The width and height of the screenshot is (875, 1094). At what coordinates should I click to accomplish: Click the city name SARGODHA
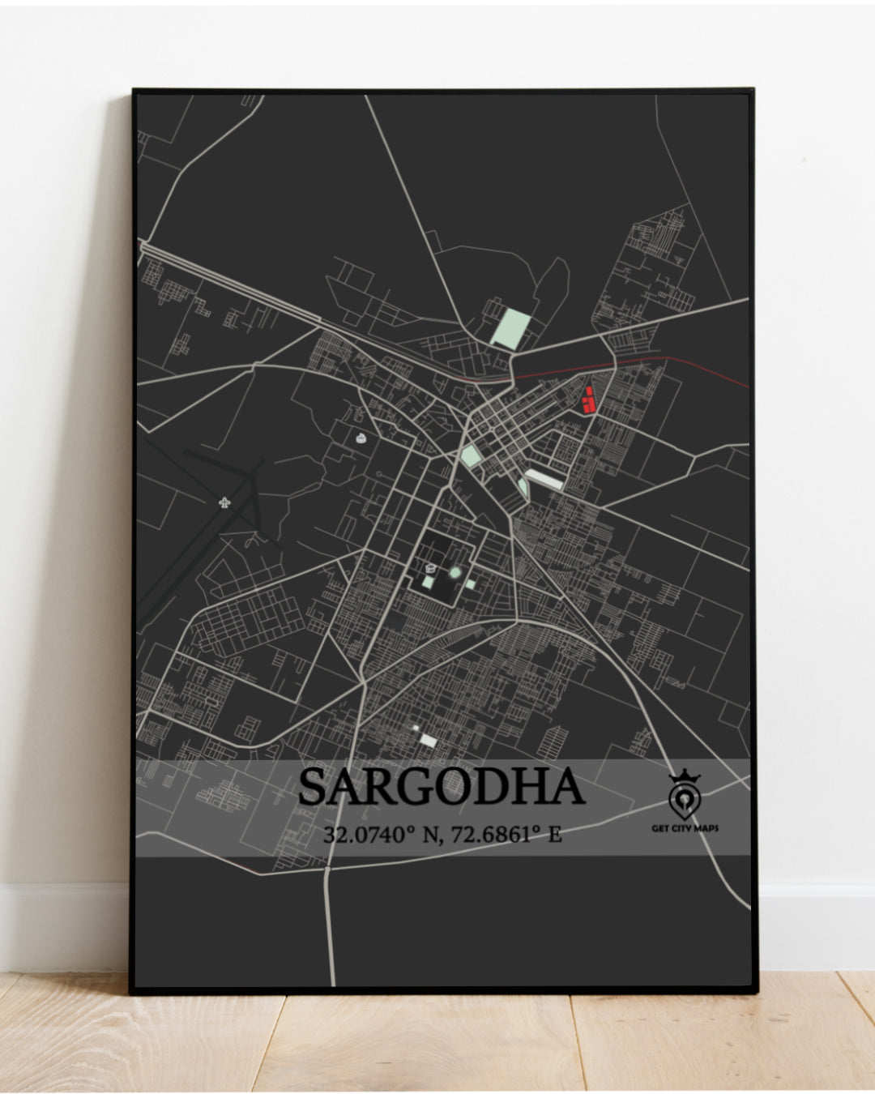coord(442,788)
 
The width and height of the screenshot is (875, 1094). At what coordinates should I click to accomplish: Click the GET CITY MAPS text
coord(685,828)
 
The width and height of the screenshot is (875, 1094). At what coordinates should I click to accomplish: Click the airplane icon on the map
coord(224,502)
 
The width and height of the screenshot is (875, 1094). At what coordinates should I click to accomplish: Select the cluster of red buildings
coord(589,400)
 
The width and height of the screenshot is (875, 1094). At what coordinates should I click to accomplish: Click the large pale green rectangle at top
coord(511,329)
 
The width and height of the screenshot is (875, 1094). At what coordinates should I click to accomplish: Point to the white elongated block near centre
coord(544,478)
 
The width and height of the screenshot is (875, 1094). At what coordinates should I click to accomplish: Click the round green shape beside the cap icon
coord(455,573)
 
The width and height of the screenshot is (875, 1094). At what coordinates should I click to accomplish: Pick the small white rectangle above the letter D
coord(427,741)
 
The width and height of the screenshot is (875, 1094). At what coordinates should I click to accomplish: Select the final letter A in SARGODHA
coord(567,788)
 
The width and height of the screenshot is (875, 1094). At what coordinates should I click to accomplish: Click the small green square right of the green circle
coord(471,583)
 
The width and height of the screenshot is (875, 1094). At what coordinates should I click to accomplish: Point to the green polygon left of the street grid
coord(470,456)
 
